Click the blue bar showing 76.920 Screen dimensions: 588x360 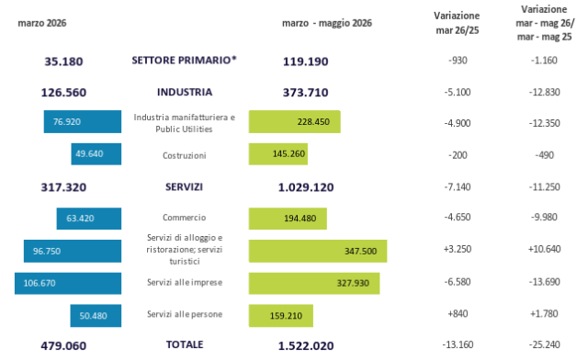(x=83, y=121)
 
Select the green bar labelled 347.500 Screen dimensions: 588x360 (x=318, y=251)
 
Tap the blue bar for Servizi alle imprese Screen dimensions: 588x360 (x=68, y=283)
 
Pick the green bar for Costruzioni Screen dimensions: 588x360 (x=277, y=153)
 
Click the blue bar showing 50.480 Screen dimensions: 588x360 (x=96, y=315)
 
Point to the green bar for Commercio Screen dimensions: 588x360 (x=288, y=219)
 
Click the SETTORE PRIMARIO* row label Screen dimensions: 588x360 (x=184, y=61)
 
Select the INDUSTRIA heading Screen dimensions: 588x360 (x=185, y=92)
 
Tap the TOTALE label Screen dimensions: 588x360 (x=185, y=344)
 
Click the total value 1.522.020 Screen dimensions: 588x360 (x=306, y=345)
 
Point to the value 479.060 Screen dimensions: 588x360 (x=63, y=345)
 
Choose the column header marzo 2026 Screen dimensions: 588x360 (x=42, y=23)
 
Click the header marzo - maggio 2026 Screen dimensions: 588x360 (x=327, y=23)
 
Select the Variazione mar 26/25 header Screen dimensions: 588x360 (x=457, y=23)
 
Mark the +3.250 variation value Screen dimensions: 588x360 (x=458, y=249)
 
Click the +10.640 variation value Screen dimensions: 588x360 (x=544, y=249)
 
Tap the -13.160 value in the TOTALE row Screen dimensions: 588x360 (x=458, y=344)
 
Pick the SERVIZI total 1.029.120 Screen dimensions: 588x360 (x=306, y=187)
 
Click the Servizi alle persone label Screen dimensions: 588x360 (x=185, y=314)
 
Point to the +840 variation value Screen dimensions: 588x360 (x=458, y=313)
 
